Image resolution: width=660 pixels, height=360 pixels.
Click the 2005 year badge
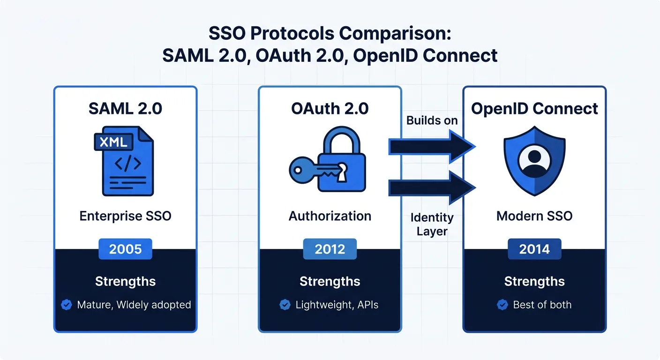pos(125,249)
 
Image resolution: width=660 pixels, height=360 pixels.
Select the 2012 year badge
pos(330,249)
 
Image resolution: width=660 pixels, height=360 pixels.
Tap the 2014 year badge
pos(534,249)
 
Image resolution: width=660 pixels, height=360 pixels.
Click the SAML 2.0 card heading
pos(125,108)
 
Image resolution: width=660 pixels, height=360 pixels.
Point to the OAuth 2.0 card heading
pos(330,108)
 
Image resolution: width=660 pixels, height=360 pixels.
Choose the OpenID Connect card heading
pos(534,109)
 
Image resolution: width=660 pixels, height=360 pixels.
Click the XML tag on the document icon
pos(114,142)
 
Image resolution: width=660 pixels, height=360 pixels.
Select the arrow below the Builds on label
pos(432,148)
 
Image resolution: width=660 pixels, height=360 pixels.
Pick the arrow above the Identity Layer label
pos(432,188)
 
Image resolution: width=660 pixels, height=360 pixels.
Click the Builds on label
pos(432,120)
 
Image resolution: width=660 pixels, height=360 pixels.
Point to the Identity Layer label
pos(432,224)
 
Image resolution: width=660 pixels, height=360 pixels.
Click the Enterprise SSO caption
pos(125,216)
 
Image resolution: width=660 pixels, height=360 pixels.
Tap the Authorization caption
pos(330,216)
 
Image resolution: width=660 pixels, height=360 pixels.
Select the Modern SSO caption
pos(534,216)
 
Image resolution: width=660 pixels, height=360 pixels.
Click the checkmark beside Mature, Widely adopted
pos(67,305)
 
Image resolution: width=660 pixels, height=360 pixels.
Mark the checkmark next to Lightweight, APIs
pos(285,305)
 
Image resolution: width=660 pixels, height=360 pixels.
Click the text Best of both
pos(542,305)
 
